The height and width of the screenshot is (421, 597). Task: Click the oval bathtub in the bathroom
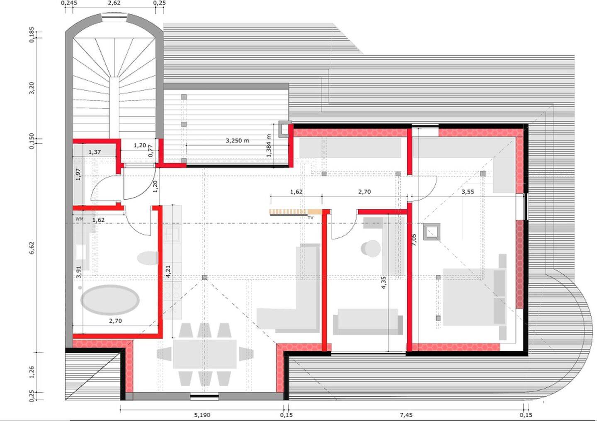coord(110,300)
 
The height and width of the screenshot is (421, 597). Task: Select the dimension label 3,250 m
coord(238,140)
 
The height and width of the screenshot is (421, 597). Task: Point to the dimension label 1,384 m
coord(269,145)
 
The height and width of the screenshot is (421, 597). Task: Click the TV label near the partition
coord(311,218)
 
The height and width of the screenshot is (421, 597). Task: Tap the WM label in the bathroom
coord(80,219)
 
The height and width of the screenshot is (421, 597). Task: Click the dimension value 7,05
coord(414,240)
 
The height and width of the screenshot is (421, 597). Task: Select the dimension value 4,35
coord(383,283)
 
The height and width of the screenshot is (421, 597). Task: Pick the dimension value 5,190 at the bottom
coord(202,415)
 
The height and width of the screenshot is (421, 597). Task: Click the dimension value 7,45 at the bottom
coord(406,415)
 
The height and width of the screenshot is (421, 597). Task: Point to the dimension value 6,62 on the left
coord(32,248)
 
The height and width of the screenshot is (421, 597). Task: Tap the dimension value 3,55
coord(468,192)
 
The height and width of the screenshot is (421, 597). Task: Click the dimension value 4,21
coord(168,271)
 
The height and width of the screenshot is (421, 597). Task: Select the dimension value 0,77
coord(150,151)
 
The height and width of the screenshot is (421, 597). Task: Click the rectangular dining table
coord(205,354)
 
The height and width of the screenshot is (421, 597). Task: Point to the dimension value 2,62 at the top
coord(114,3)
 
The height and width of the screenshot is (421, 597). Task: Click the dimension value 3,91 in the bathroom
coord(78,272)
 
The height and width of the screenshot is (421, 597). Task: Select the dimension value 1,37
coord(95,152)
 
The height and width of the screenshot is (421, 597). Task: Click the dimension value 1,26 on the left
coord(32,372)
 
